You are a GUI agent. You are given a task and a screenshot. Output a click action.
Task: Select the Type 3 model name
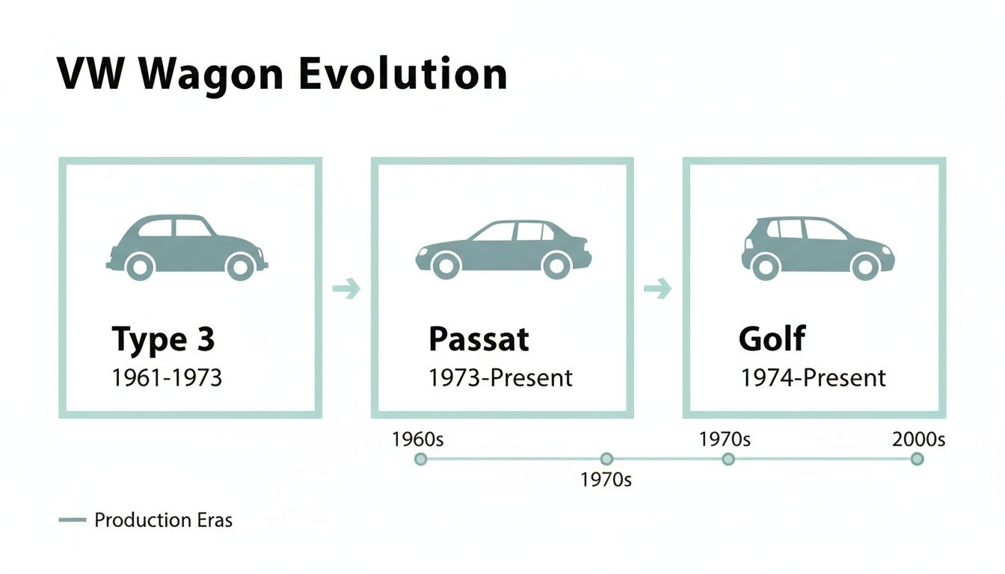point(163,340)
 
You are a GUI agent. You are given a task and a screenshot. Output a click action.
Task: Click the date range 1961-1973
point(167,378)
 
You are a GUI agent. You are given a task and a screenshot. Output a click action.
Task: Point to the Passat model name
point(479,340)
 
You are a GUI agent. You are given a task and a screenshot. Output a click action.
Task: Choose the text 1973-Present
point(500,378)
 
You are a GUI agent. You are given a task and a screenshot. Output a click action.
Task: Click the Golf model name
point(772,340)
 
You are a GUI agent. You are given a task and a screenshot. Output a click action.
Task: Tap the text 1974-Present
point(813,378)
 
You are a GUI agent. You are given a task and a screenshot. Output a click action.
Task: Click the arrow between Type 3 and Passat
point(346,288)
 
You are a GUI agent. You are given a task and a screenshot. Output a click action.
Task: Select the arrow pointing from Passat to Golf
point(658,288)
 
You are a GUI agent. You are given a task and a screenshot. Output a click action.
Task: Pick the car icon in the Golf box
point(817,247)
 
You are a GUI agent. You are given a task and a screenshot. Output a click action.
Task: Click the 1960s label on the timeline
point(417,439)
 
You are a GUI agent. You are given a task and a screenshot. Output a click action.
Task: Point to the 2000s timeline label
point(919,439)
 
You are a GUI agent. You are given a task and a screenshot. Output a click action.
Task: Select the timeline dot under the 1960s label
point(420,459)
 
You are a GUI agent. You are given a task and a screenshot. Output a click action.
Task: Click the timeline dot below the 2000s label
point(918,459)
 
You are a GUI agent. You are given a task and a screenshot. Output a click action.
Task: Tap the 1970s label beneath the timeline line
point(606,480)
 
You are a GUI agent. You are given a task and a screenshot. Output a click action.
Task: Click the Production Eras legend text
point(163,520)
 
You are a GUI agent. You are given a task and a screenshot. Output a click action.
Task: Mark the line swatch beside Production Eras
point(73,520)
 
